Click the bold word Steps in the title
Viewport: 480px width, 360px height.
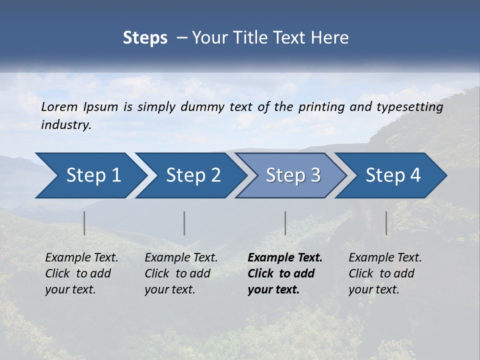pos(145,38)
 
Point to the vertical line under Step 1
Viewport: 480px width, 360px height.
pos(84,223)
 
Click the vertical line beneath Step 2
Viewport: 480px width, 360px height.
pos(184,223)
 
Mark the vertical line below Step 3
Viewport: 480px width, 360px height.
pos(285,223)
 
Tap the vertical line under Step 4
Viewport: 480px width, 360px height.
pos(386,223)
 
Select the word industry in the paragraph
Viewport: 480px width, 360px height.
pos(65,125)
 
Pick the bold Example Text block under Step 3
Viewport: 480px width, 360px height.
pos(285,273)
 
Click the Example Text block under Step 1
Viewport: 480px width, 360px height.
pos(81,273)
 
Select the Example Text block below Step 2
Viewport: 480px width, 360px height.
pos(181,273)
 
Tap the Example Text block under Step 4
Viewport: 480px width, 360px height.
pos(385,273)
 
